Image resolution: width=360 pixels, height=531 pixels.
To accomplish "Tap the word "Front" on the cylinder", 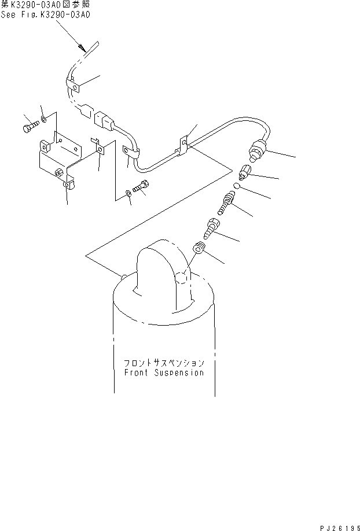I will pos(137,373).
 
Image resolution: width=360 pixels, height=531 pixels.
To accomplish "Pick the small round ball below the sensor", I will pos(237,186).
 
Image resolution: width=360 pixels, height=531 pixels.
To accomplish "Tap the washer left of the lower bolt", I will pos(128,193).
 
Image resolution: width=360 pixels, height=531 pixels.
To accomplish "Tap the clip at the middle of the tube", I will pos(183,144).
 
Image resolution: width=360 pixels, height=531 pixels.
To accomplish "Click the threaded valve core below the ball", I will pos(226,203).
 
